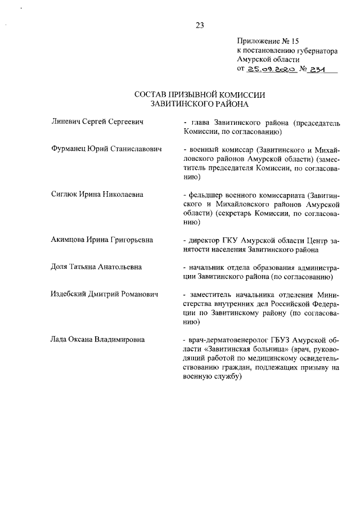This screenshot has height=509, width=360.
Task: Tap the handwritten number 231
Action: (x=320, y=69)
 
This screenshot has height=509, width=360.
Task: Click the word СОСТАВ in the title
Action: (x=154, y=94)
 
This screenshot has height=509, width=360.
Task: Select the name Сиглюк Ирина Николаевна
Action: (x=97, y=194)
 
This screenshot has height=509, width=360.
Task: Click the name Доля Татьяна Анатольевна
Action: (x=96, y=267)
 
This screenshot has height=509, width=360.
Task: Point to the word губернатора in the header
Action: (x=315, y=50)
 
